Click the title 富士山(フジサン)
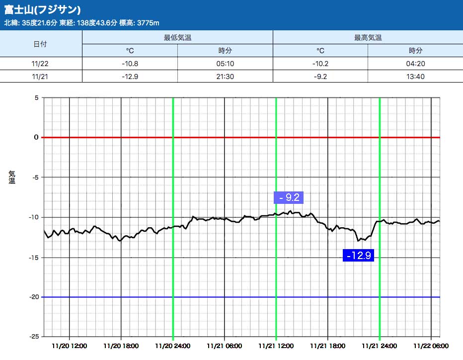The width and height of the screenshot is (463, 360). pyautogui.click(x=42, y=9)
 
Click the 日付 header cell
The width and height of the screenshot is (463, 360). pyautogui.click(x=40, y=44)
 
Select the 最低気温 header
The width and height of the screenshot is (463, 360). pyautogui.click(x=177, y=37)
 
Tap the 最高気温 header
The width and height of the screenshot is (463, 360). pyautogui.click(x=368, y=37)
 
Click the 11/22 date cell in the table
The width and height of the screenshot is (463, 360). pyautogui.click(x=40, y=63)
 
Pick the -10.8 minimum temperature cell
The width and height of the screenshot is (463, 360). pyautogui.click(x=130, y=63)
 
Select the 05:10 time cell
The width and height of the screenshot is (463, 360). pyautogui.click(x=225, y=63)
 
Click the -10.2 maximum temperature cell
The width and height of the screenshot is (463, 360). pyautogui.click(x=320, y=63)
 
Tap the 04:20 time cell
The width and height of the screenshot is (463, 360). pyautogui.click(x=415, y=63)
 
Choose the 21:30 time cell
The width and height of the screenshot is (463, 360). pyautogui.click(x=225, y=76)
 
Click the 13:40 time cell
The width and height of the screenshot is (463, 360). pyautogui.click(x=415, y=76)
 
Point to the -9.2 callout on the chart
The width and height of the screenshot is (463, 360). pyautogui.click(x=289, y=197)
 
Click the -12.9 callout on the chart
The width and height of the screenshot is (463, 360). pyautogui.click(x=358, y=255)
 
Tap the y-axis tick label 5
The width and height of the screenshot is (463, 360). pyautogui.click(x=36, y=97)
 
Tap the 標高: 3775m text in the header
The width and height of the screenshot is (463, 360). pyautogui.click(x=140, y=23)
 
